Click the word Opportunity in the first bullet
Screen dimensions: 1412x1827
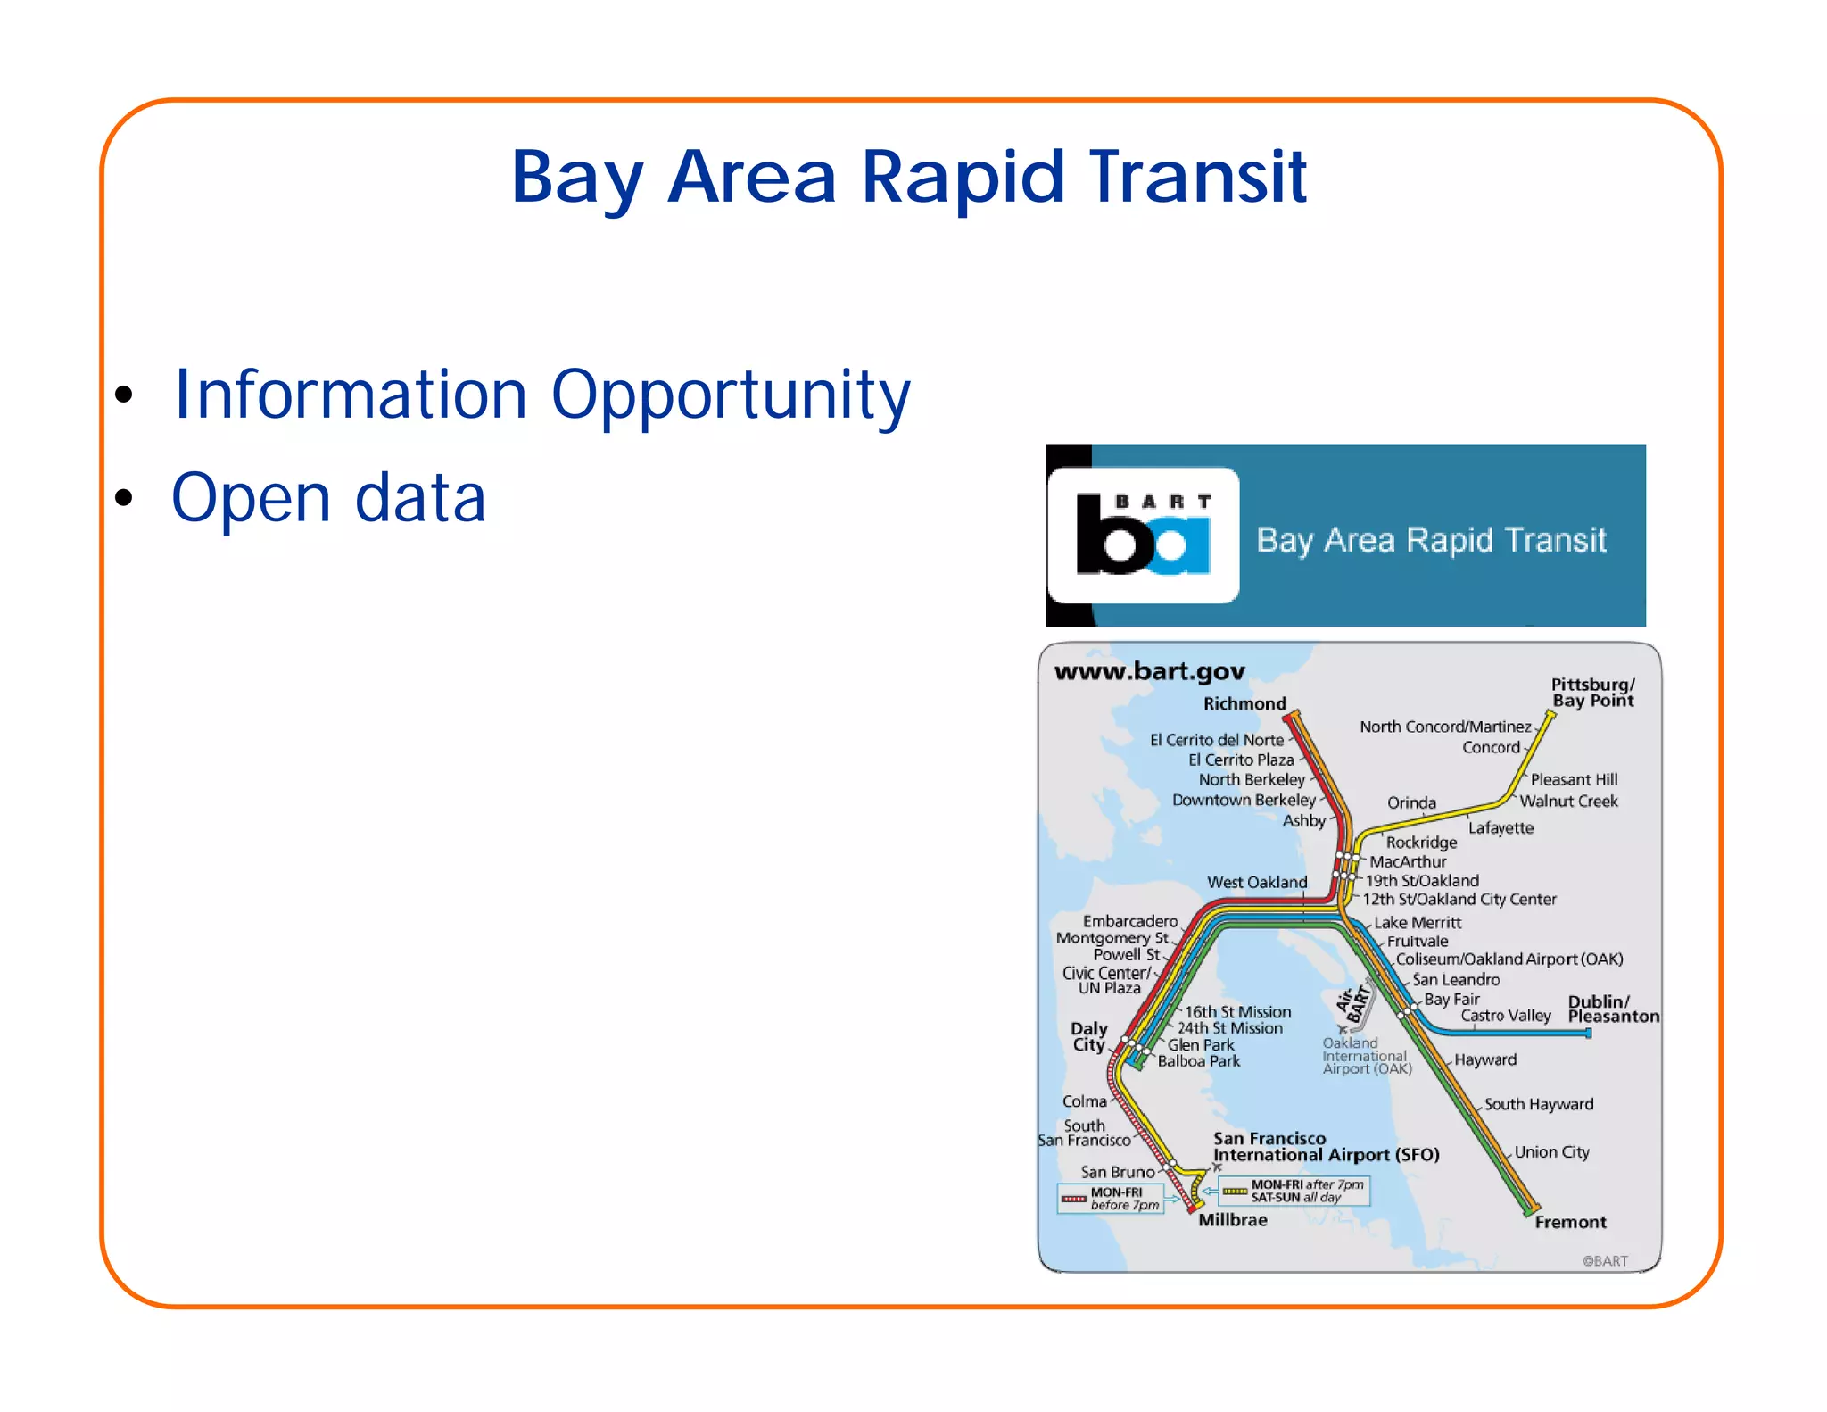click(730, 395)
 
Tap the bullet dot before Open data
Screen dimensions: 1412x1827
click(124, 498)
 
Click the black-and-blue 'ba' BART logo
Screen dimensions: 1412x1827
click(1143, 535)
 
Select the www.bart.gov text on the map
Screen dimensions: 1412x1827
click(1149, 671)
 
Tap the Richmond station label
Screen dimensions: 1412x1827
click(1244, 703)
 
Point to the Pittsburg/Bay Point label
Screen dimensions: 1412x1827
click(1592, 693)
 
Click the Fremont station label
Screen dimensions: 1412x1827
click(1570, 1222)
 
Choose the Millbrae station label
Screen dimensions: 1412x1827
click(1232, 1220)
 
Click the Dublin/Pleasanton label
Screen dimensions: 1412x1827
click(1613, 1009)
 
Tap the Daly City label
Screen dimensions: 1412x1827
click(1089, 1036)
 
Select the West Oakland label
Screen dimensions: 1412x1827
click(1257, 882)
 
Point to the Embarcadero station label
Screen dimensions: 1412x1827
click(1130, 921)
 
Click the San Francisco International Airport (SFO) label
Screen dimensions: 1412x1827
click(1326, 1147)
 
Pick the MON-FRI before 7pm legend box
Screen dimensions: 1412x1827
click(1111, 1198)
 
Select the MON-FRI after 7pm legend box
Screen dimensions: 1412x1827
click(1294, 1191)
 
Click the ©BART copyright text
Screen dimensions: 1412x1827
click(1605, 1260)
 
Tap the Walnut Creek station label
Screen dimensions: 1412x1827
click(1568, 801)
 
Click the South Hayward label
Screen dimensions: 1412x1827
click(1538, 1104)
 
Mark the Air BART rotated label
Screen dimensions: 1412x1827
click(1352, 1005)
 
